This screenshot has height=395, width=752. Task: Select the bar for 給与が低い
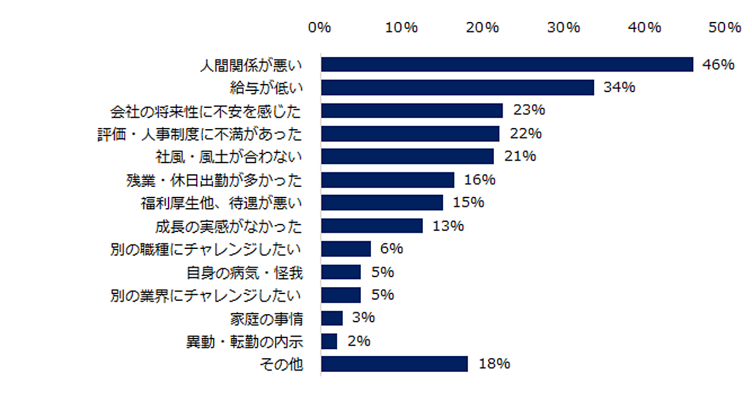[457, 88]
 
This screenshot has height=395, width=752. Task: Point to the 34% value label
[619, 88]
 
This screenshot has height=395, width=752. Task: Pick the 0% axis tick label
[320, 28]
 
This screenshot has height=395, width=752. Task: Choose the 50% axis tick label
[726, 28]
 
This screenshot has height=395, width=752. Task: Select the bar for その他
[394, 364]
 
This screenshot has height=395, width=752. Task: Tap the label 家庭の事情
[267, 319]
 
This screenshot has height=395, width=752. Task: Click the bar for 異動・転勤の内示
[329, 341]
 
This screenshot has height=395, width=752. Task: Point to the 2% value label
[358, 341]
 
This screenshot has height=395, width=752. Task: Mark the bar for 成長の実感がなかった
[372, 226]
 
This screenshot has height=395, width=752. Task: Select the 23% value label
[529, 110]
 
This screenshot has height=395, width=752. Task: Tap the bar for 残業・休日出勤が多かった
[387, 180]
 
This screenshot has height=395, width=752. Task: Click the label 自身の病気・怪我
[245, 272]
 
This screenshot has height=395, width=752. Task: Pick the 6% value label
[391, 249]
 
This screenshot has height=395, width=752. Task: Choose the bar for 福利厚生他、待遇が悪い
[382, 203]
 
